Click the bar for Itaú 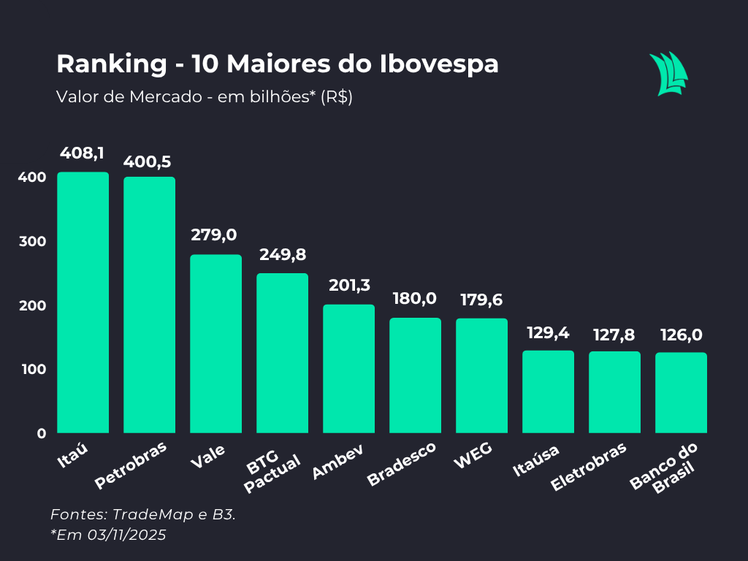point(83,302)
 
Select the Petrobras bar point(149,305)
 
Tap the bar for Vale point(215,343)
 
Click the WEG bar point(481,375)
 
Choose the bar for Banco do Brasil point(681,392)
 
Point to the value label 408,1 point(83,153)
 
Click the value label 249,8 point(282,255)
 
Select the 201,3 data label point(348,286)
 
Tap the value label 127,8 point(614,335)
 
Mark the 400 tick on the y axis point(32,178)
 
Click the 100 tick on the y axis point(32,370)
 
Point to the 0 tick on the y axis point(41,433)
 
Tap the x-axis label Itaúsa point(536,461)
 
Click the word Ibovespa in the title point(439,64)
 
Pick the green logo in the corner point(668,74)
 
